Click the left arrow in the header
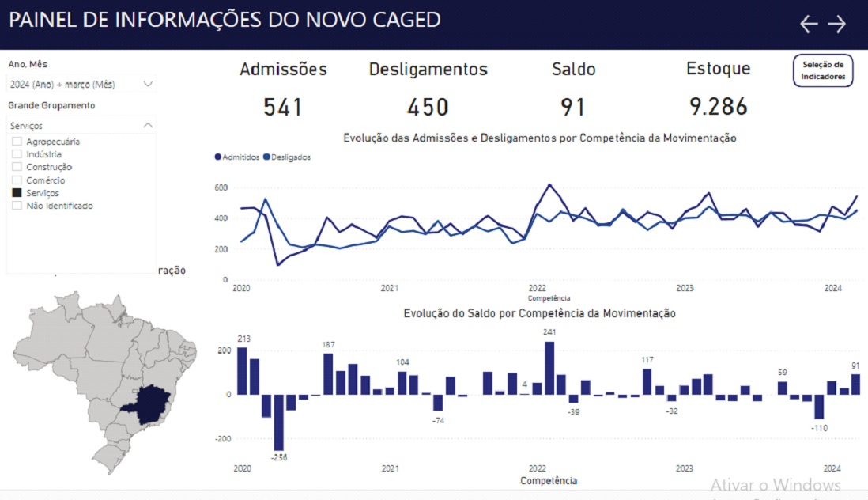[x=809, y=24]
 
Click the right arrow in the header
[x=836, y=24]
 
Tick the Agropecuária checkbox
[x=17, y=142]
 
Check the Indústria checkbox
[x=17, y=154]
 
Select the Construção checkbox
[x=17, y=167]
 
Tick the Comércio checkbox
[x=17, y=180]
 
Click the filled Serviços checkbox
[x=17, y=193]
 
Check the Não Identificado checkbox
[x=17, y=206]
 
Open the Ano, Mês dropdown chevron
[x=148, y=83]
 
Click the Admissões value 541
[x=283, y=107]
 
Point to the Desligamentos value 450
[x=428, y=107]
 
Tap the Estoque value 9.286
[x=718, y=107]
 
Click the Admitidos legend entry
[x=237, y=157]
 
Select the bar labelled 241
[x=549, y=368]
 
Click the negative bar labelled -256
[x=279, y=422]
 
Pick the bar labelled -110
[x=819, y=407]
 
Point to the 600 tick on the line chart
[x=221, y=187]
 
